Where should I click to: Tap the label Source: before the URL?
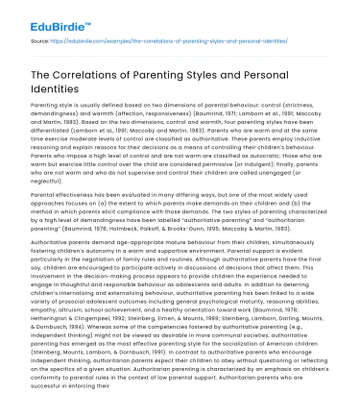coord(41,43)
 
